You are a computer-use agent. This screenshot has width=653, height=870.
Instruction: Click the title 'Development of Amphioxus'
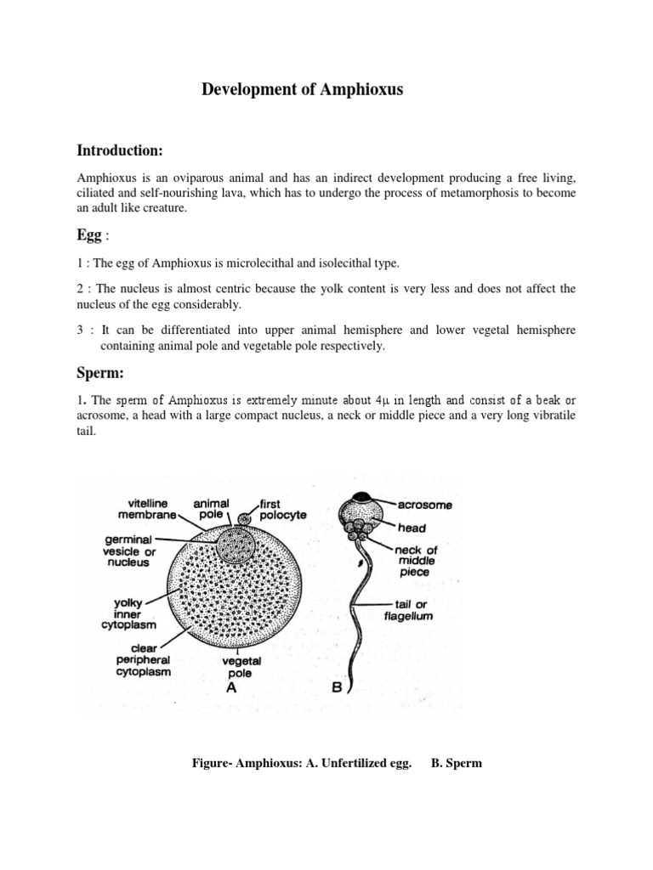(x=302, y=89)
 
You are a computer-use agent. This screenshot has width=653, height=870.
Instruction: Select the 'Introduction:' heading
(x=119, y=150)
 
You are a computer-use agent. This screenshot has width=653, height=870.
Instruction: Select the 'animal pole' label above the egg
(x=212, y=509)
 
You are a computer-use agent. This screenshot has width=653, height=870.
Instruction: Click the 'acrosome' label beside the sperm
(x=425, y=505)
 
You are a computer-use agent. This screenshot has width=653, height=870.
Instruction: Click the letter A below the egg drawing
(x=230, y=690)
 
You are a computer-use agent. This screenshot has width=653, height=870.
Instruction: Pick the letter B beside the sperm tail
(x=337, y=690)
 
